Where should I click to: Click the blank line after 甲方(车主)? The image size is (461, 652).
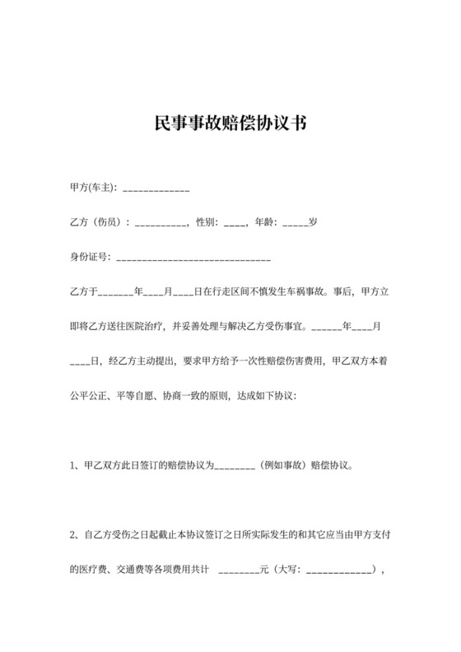156,190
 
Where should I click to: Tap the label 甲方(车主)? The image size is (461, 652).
94,189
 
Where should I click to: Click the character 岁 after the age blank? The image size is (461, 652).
313,222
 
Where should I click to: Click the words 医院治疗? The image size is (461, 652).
148,325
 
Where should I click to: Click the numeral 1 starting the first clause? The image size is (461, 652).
72,463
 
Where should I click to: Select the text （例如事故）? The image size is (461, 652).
282,463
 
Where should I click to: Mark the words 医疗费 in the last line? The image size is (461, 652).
88,568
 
